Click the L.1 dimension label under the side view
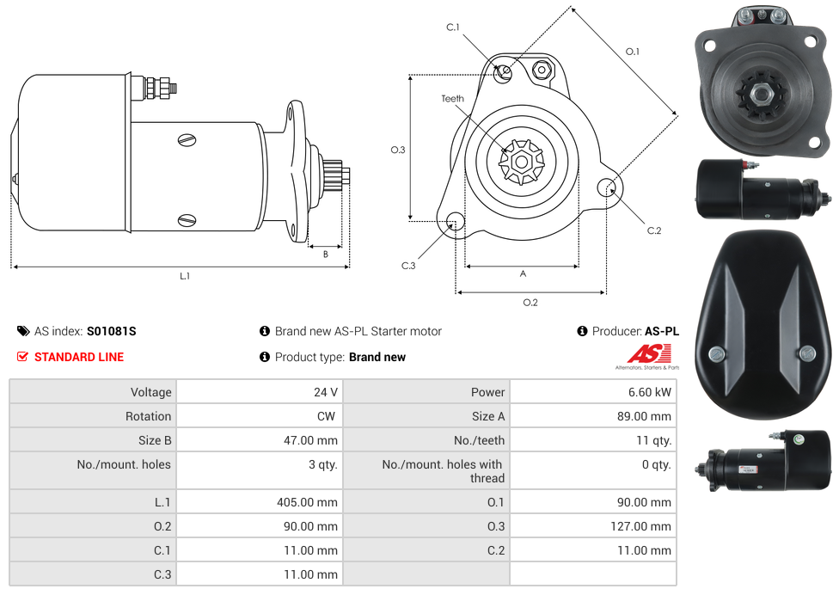185,276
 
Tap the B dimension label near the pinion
325,255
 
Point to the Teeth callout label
453,99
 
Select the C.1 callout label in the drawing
453,27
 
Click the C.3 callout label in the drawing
408,266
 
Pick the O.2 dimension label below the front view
530,303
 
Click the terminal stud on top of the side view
159,89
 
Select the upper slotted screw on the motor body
187,140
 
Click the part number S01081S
111,331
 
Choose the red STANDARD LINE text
79,357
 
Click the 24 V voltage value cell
260,392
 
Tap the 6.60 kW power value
650,392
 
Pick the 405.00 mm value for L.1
307,502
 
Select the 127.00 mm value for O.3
641,526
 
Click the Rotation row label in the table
148,416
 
